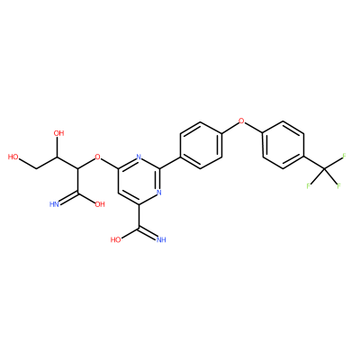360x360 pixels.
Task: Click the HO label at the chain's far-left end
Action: (x=13, y=157)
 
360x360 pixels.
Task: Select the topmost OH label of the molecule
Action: (x=58, y=133)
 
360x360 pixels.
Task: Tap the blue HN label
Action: (x=54, y=204)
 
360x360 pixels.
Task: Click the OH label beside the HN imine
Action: (x=100, y=204)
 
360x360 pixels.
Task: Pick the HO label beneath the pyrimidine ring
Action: (x=116, y=239)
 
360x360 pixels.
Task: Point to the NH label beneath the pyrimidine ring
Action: (x=161, y=239)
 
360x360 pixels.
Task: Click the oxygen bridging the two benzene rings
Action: (x=241, y=121)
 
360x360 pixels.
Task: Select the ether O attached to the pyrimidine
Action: (x=97, y=157)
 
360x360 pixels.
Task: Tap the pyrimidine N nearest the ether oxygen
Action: (x=139, y=157)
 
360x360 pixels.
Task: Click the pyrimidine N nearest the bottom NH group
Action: (x=159, y=193)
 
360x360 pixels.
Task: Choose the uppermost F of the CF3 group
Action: (x=344, y=156)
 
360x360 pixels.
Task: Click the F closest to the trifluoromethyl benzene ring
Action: (x=308, y=186)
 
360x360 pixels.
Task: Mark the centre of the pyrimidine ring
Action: (x=139, y=181)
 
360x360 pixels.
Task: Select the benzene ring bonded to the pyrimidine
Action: (x=201, y=145)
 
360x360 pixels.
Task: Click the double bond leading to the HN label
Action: (x=68, y=199)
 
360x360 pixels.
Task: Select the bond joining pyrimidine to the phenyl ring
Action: (x=169, y=163)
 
